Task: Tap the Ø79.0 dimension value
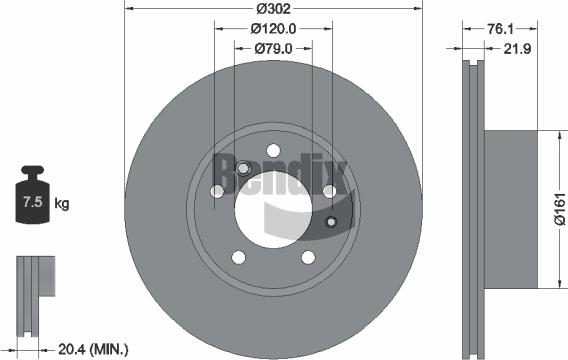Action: pyautogui.click(x=272, y=47)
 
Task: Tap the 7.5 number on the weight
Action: pyautogui.click(x=30, y=204)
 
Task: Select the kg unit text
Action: pyautogui.click(x=62, y=204)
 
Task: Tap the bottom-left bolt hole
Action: pyautogui.click(x=238, y=258)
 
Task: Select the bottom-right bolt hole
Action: pyautogui.click(x=306, y=258)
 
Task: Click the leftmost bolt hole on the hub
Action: pyautogui.click(x=217, y=192)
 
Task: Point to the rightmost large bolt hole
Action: pyautogui.click(x=328, y=190)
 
